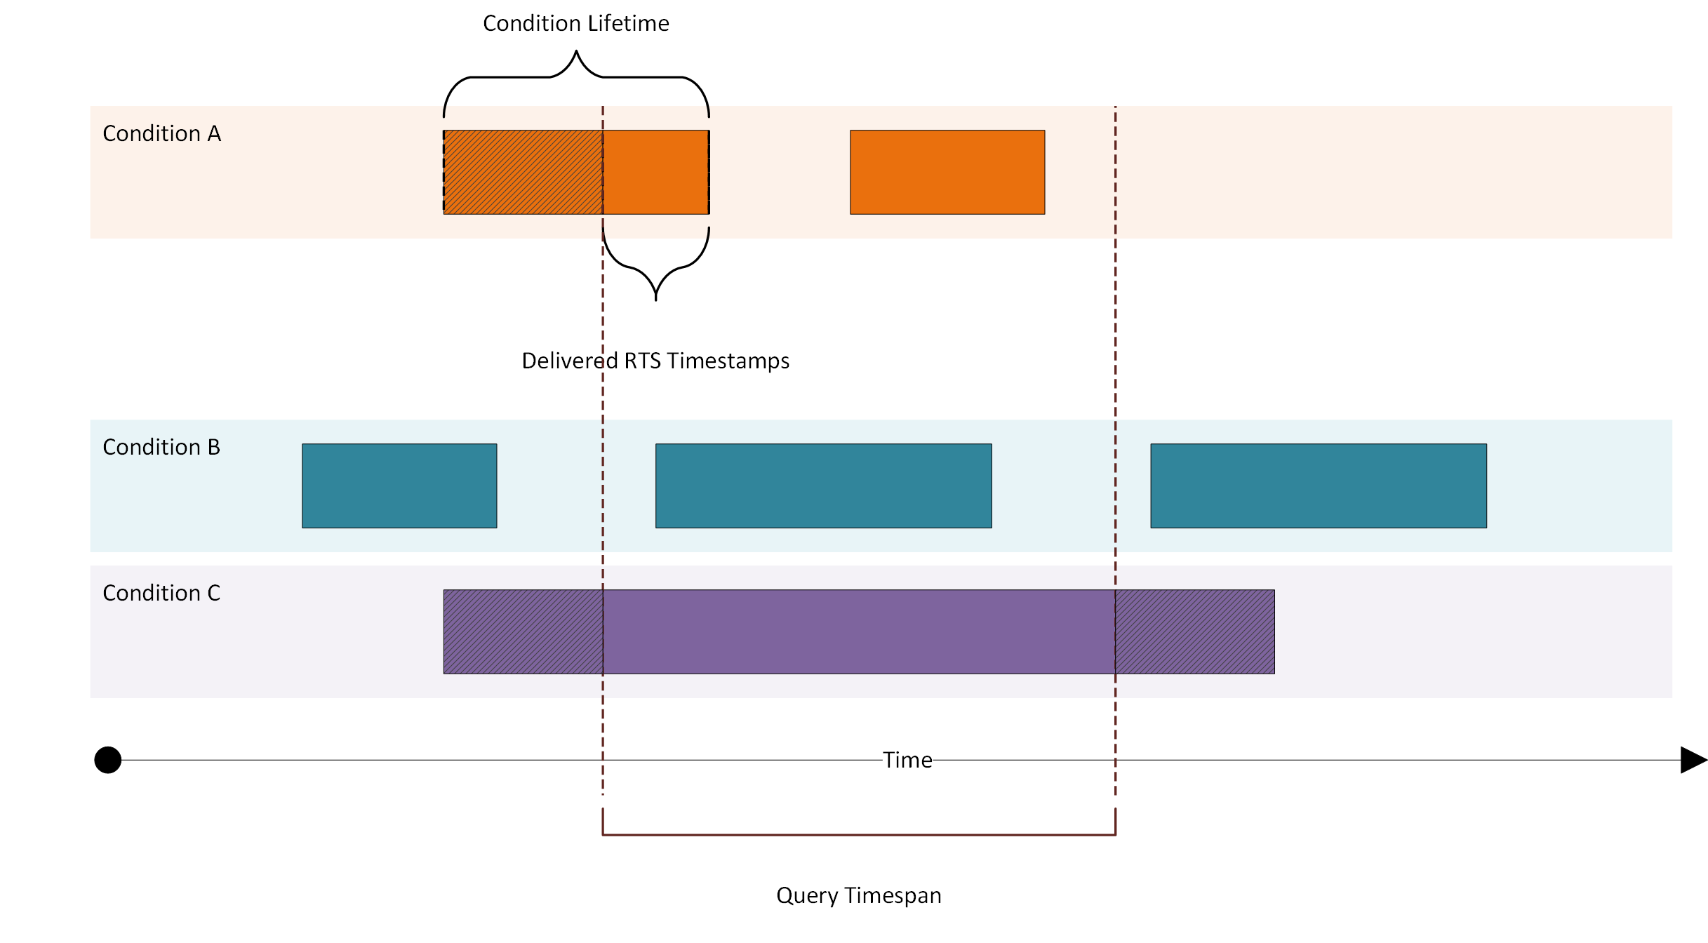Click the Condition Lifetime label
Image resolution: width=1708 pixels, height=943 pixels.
[x=575, y=24]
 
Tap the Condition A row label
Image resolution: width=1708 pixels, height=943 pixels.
[x=161, y=133]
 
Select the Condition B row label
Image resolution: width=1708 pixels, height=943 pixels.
[x=161, y=447]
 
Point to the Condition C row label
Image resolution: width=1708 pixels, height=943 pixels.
[x=161, y=593]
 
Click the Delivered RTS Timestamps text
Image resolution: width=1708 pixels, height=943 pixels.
[x=655, y=361]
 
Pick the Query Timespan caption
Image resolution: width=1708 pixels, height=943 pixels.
[x=858, y=895]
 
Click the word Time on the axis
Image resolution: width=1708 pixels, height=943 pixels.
[x=907, y=760]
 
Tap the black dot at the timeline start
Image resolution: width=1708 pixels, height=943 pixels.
[x=108, y=760]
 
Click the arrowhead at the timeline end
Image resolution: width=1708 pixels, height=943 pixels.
[x=1693, y=760]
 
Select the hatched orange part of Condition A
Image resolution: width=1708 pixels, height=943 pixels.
[x=523, y=172]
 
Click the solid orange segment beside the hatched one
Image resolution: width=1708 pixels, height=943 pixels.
[x=656, y=172]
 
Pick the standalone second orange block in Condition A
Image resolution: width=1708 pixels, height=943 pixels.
[x=947, y=172]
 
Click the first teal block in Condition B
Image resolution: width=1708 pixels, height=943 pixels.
[x=399, y=486]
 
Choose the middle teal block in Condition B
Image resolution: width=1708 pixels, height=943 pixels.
[x=823, y=486]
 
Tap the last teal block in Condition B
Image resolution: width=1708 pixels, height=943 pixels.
[x=1319, y=486]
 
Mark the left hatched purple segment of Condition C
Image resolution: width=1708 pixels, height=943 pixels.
[x=523, y=631]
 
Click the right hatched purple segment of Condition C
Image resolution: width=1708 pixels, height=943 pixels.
[x=1195, y=631]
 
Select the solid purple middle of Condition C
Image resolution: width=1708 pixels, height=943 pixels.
[x=859, y=631]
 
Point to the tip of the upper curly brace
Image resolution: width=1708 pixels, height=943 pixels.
[x=576, y=52]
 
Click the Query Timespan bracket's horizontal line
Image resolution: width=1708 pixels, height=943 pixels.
[x=859, y=835]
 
